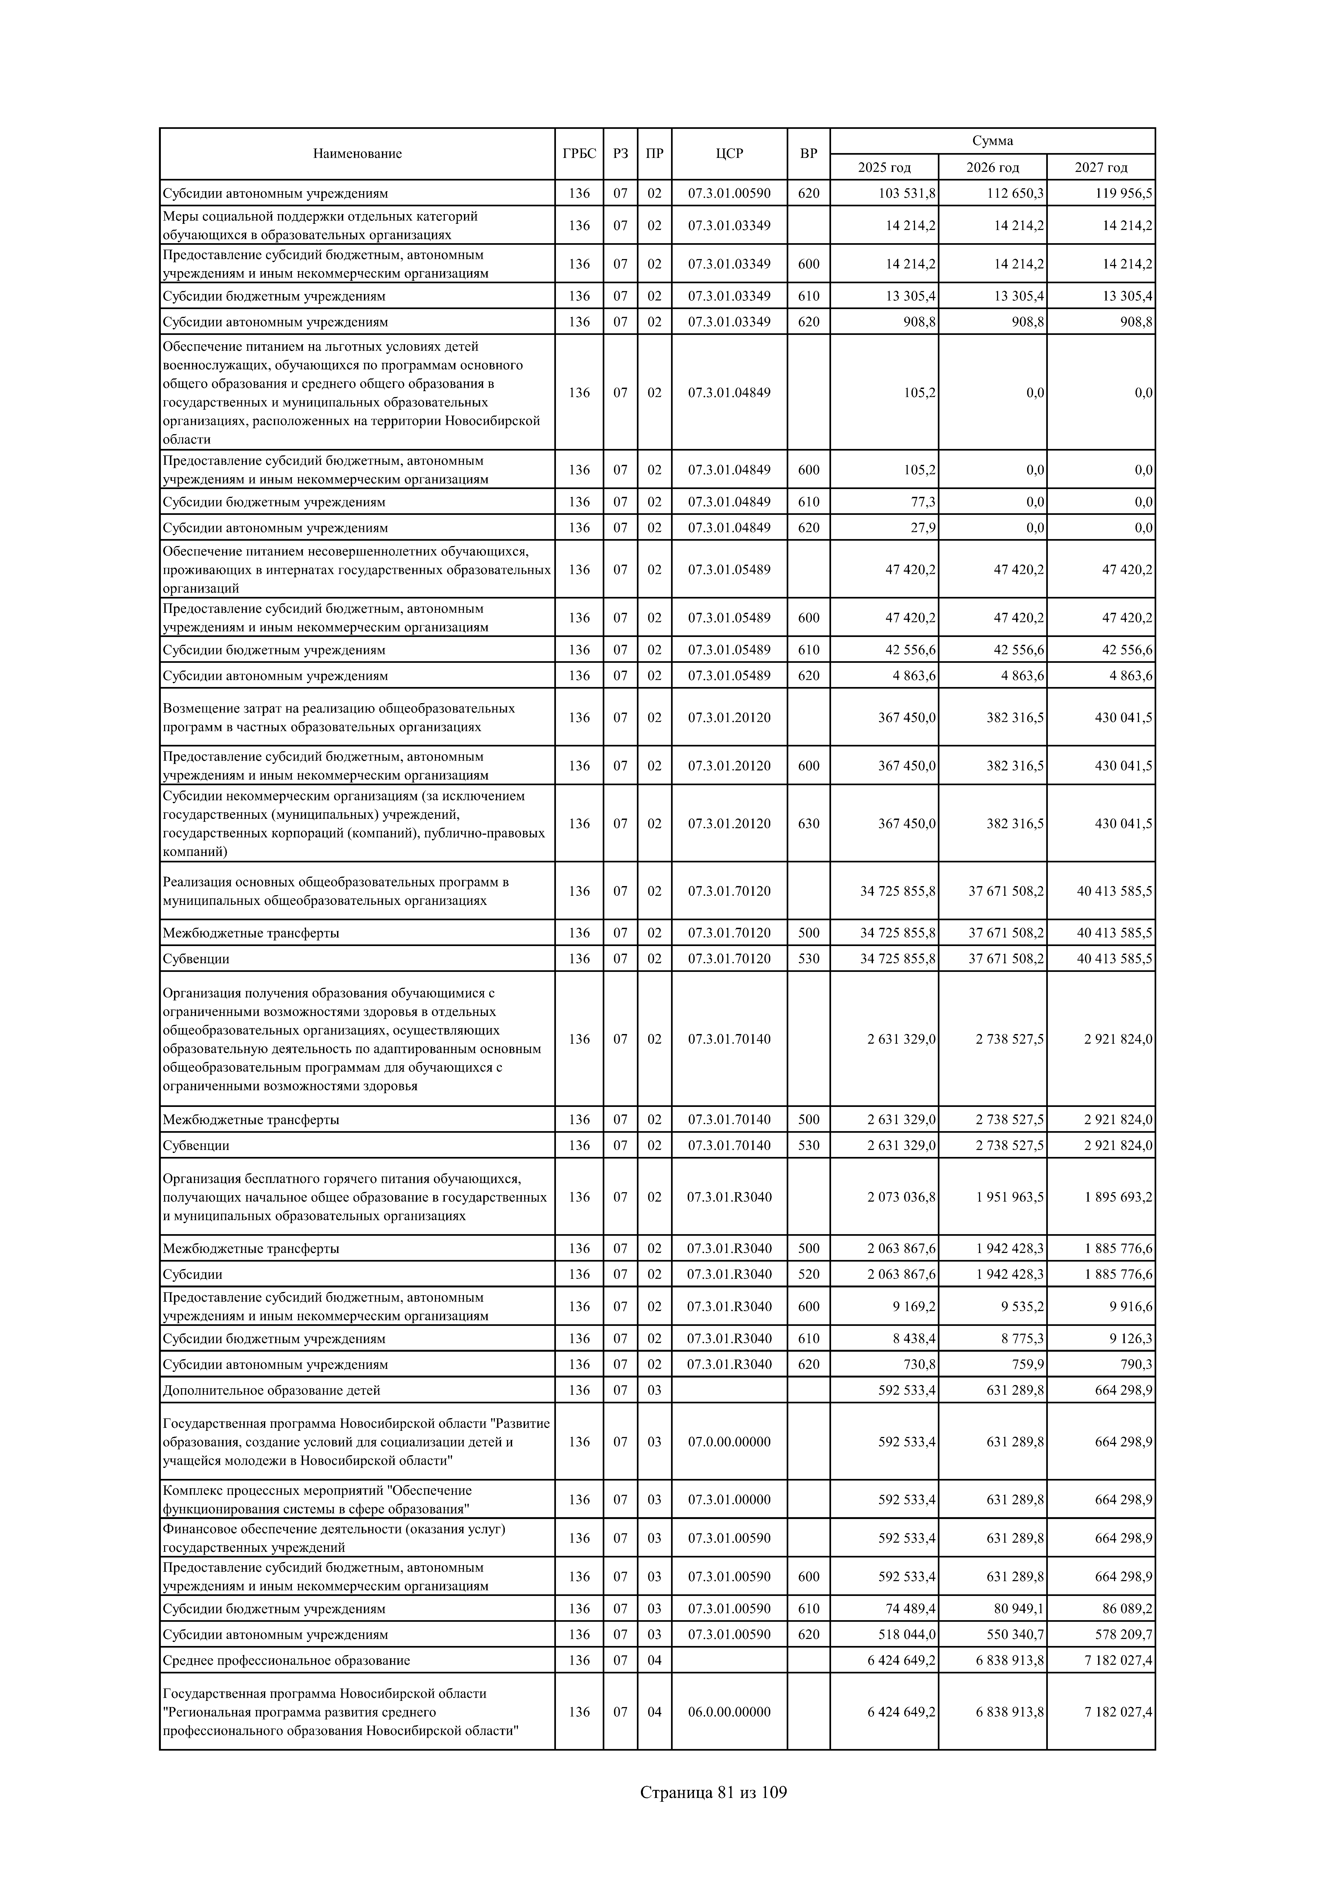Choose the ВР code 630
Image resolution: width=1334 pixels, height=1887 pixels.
coord(809,823)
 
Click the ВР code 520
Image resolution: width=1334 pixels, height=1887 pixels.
coord(809,1274)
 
